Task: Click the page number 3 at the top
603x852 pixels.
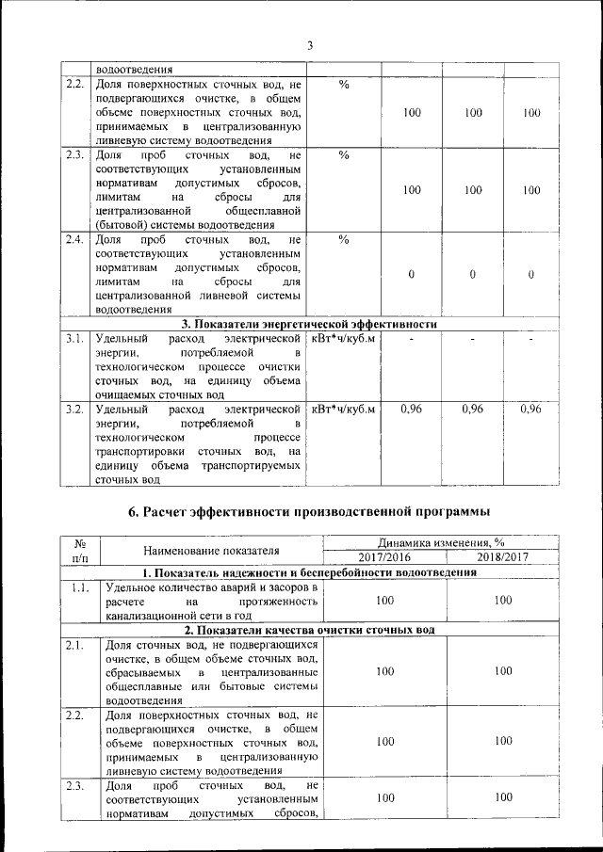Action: tap(308, 45)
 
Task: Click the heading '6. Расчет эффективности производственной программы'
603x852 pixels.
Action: tap(308, 512)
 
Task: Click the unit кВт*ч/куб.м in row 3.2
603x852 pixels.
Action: tap(343, 409)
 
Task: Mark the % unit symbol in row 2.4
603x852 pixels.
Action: tap(344, 239)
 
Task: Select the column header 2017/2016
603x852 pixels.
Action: tap(383, 557)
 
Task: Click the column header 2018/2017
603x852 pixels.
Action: tap(502, 557)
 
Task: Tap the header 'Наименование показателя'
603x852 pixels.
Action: tap(212, 550)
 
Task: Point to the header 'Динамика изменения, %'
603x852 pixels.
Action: tap(442, 542)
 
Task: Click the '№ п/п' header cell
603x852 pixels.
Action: tap(80, 550)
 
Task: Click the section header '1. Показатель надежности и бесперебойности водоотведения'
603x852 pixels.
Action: tap(309, 572)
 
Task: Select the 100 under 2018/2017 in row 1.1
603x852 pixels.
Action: tap(502, 600)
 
